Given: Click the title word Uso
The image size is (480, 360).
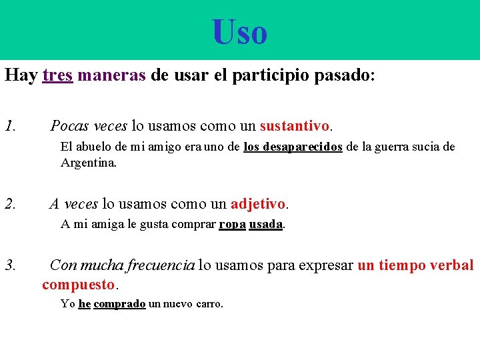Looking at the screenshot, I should tap(240, 32).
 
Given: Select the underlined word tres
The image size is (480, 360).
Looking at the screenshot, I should tap(57, 75).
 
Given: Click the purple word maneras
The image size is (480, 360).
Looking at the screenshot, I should tap(111, 75).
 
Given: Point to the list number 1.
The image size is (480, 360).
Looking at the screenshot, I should tap(10, 125).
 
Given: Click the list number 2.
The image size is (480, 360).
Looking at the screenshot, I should tap(10, 203).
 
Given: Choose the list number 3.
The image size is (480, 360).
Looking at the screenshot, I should tap(10, 265).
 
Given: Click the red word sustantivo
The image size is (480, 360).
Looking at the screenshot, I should tap(295, 125).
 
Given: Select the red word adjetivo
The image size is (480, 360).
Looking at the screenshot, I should tap(258, 203).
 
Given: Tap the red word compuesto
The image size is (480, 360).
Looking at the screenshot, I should tap(79, 285).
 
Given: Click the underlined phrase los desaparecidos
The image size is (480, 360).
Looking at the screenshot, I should tap(293, 147).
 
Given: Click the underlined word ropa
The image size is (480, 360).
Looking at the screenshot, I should tap(232, 224).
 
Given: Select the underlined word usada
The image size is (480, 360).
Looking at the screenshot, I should tap(266, 224).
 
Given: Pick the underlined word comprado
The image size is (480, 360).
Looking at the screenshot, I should tap(119, 304).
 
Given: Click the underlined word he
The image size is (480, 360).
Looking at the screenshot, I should tap(85, 304).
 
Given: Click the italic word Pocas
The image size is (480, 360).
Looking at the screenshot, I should tap(70, 125).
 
